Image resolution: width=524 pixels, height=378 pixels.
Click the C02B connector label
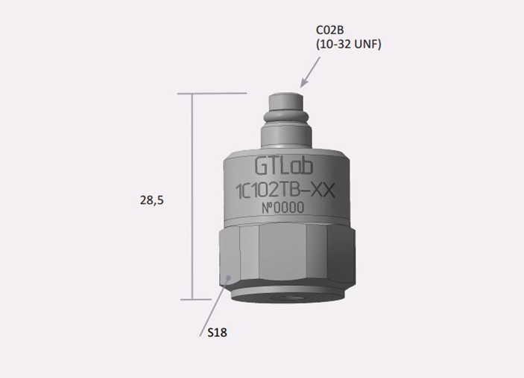[x=329, y=30]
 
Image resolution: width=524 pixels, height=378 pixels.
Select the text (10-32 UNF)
[x=349, y=44]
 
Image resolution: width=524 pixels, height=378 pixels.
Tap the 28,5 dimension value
[x=152, y=200]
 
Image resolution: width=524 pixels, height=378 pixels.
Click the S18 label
[x=217, y=333]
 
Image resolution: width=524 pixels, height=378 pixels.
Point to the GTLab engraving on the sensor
[x=284, y=166]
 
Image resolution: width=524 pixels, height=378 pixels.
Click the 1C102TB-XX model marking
[x=285, y=191]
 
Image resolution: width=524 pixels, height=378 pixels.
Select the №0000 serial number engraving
[x=282, y=208]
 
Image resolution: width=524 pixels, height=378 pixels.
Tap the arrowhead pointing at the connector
[x=304, y=82]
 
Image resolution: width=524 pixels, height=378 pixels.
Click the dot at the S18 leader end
[x=228, y=278]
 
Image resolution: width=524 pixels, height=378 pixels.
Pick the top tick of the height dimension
[x=212, y=94]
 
